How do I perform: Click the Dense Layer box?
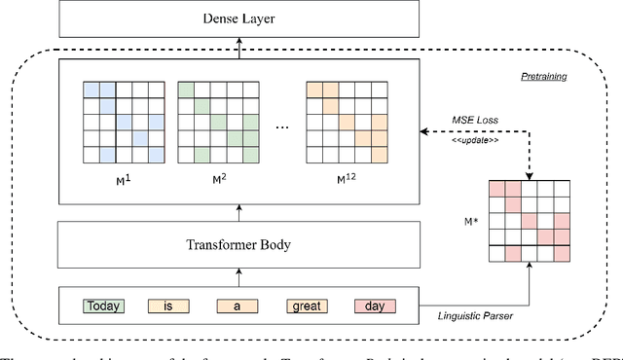239,18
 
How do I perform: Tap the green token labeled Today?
103,306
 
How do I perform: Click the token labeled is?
168,306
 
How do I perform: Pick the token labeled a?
237,306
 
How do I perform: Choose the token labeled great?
305,306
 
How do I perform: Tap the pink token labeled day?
374,306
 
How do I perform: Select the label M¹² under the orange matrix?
346,180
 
